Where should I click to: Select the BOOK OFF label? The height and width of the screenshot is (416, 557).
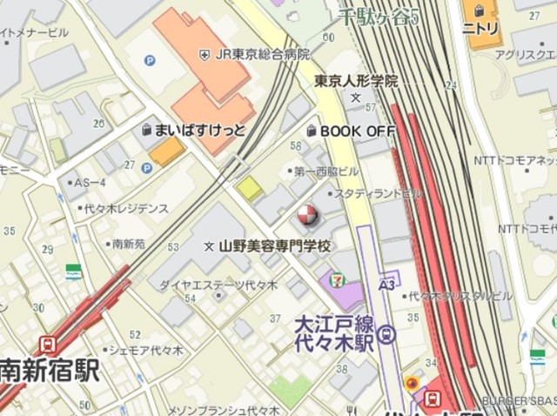357,131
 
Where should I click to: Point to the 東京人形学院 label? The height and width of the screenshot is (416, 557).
356,81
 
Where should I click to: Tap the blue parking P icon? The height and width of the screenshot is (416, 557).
150,61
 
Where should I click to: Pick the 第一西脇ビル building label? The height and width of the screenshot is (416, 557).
326,171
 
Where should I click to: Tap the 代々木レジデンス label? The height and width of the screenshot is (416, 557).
125,208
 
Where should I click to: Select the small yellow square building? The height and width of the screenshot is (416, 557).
249,188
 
